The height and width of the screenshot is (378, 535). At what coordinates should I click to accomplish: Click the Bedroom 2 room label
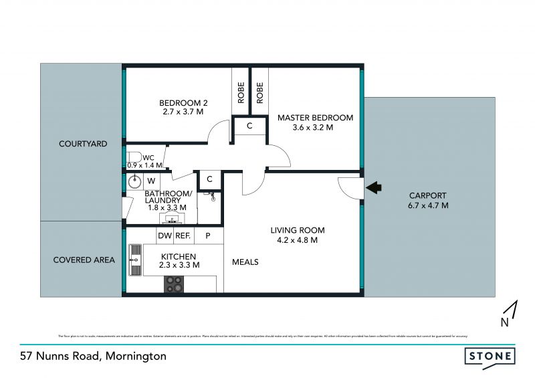[183, 102]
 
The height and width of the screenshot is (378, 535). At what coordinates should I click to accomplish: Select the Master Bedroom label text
[315, 118]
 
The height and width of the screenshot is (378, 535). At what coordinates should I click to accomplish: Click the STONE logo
[490, 356]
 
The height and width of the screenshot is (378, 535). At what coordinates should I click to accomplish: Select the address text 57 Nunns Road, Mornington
[92, 356]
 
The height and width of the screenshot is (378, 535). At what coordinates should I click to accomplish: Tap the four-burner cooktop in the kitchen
[174, 285]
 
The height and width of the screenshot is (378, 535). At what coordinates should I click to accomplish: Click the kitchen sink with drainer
[135, 260]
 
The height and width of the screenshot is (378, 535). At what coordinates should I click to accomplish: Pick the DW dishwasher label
[165, 235]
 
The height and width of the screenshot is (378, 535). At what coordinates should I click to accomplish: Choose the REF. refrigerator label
[183, 235]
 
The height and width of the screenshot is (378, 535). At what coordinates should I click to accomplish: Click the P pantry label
[208, 235]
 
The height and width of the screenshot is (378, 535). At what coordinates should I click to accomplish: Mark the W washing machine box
[151, 181]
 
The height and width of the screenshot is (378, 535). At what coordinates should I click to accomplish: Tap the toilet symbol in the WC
[132, 159]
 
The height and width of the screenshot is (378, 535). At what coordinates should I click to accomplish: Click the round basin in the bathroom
[134, 181]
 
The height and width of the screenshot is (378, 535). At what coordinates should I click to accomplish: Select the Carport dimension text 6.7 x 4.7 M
[428, 205]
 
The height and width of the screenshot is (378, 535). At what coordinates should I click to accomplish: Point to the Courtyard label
[83, 144]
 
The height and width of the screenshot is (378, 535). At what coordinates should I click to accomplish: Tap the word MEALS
[245, 262]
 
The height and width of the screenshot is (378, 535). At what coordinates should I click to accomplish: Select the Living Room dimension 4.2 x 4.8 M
[294, 240]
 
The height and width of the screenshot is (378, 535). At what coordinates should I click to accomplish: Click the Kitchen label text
[179, 256]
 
